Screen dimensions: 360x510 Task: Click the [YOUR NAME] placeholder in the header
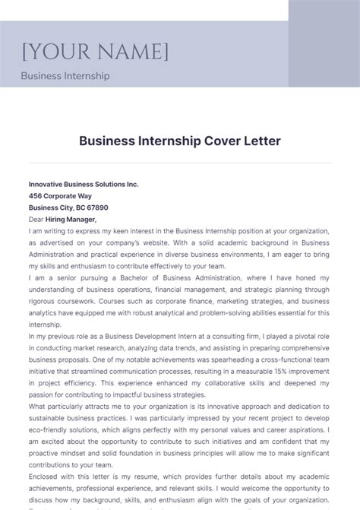click(95, 52)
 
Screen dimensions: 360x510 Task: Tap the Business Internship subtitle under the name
click(65, 76)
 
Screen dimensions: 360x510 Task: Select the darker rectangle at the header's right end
click(324, 43)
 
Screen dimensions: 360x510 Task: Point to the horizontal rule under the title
click(180, 162)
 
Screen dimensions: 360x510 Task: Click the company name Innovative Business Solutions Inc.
click(84, 184)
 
